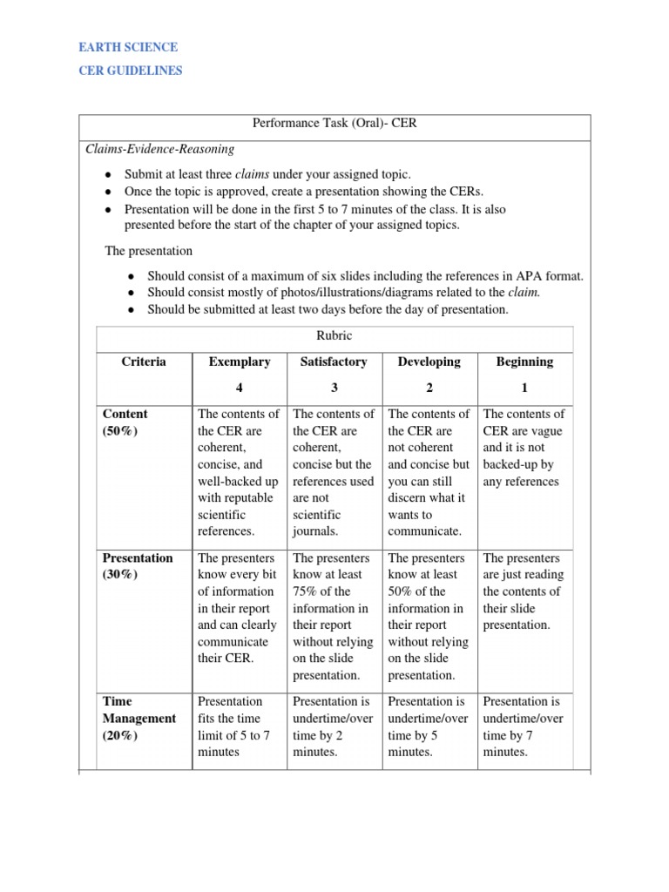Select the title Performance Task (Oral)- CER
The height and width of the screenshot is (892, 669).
pos(334,124)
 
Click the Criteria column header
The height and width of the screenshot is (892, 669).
pos(143,362)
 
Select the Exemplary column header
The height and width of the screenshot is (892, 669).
pos(240,362)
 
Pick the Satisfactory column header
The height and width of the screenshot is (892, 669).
pos(334,362)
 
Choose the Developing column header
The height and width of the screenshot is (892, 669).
pos(429,362)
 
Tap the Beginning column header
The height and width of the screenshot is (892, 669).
pos(524,362)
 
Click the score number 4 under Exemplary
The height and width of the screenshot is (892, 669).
pos(240,387)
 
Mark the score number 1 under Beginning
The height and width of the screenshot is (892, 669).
pos(524,387)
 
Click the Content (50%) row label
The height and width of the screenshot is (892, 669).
pos(125,422)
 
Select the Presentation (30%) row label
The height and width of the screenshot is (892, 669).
pos(138,566)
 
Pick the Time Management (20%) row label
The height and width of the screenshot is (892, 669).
pos(139,719)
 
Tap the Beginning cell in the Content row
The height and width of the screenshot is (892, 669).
pos(524,448)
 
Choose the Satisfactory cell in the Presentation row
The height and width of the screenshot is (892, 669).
pos(334,616)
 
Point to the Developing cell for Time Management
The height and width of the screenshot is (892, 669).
pos(429,726)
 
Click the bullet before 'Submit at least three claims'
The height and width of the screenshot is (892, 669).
pos(107,174)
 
